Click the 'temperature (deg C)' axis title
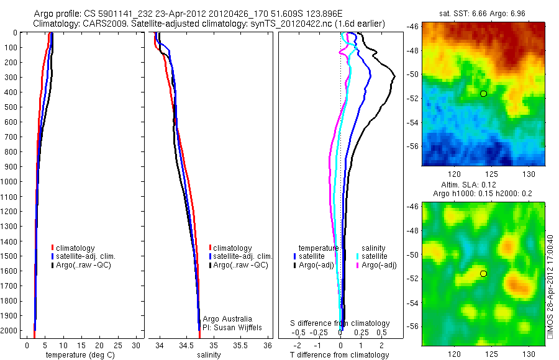[x=80, y=355]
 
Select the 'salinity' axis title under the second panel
[x=209, y=355]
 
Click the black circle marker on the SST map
[x=483, y=93]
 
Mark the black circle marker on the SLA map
[x=483, y=273]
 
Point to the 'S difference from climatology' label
[x=340, y=323]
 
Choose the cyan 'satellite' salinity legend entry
[x=373, y=256]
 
